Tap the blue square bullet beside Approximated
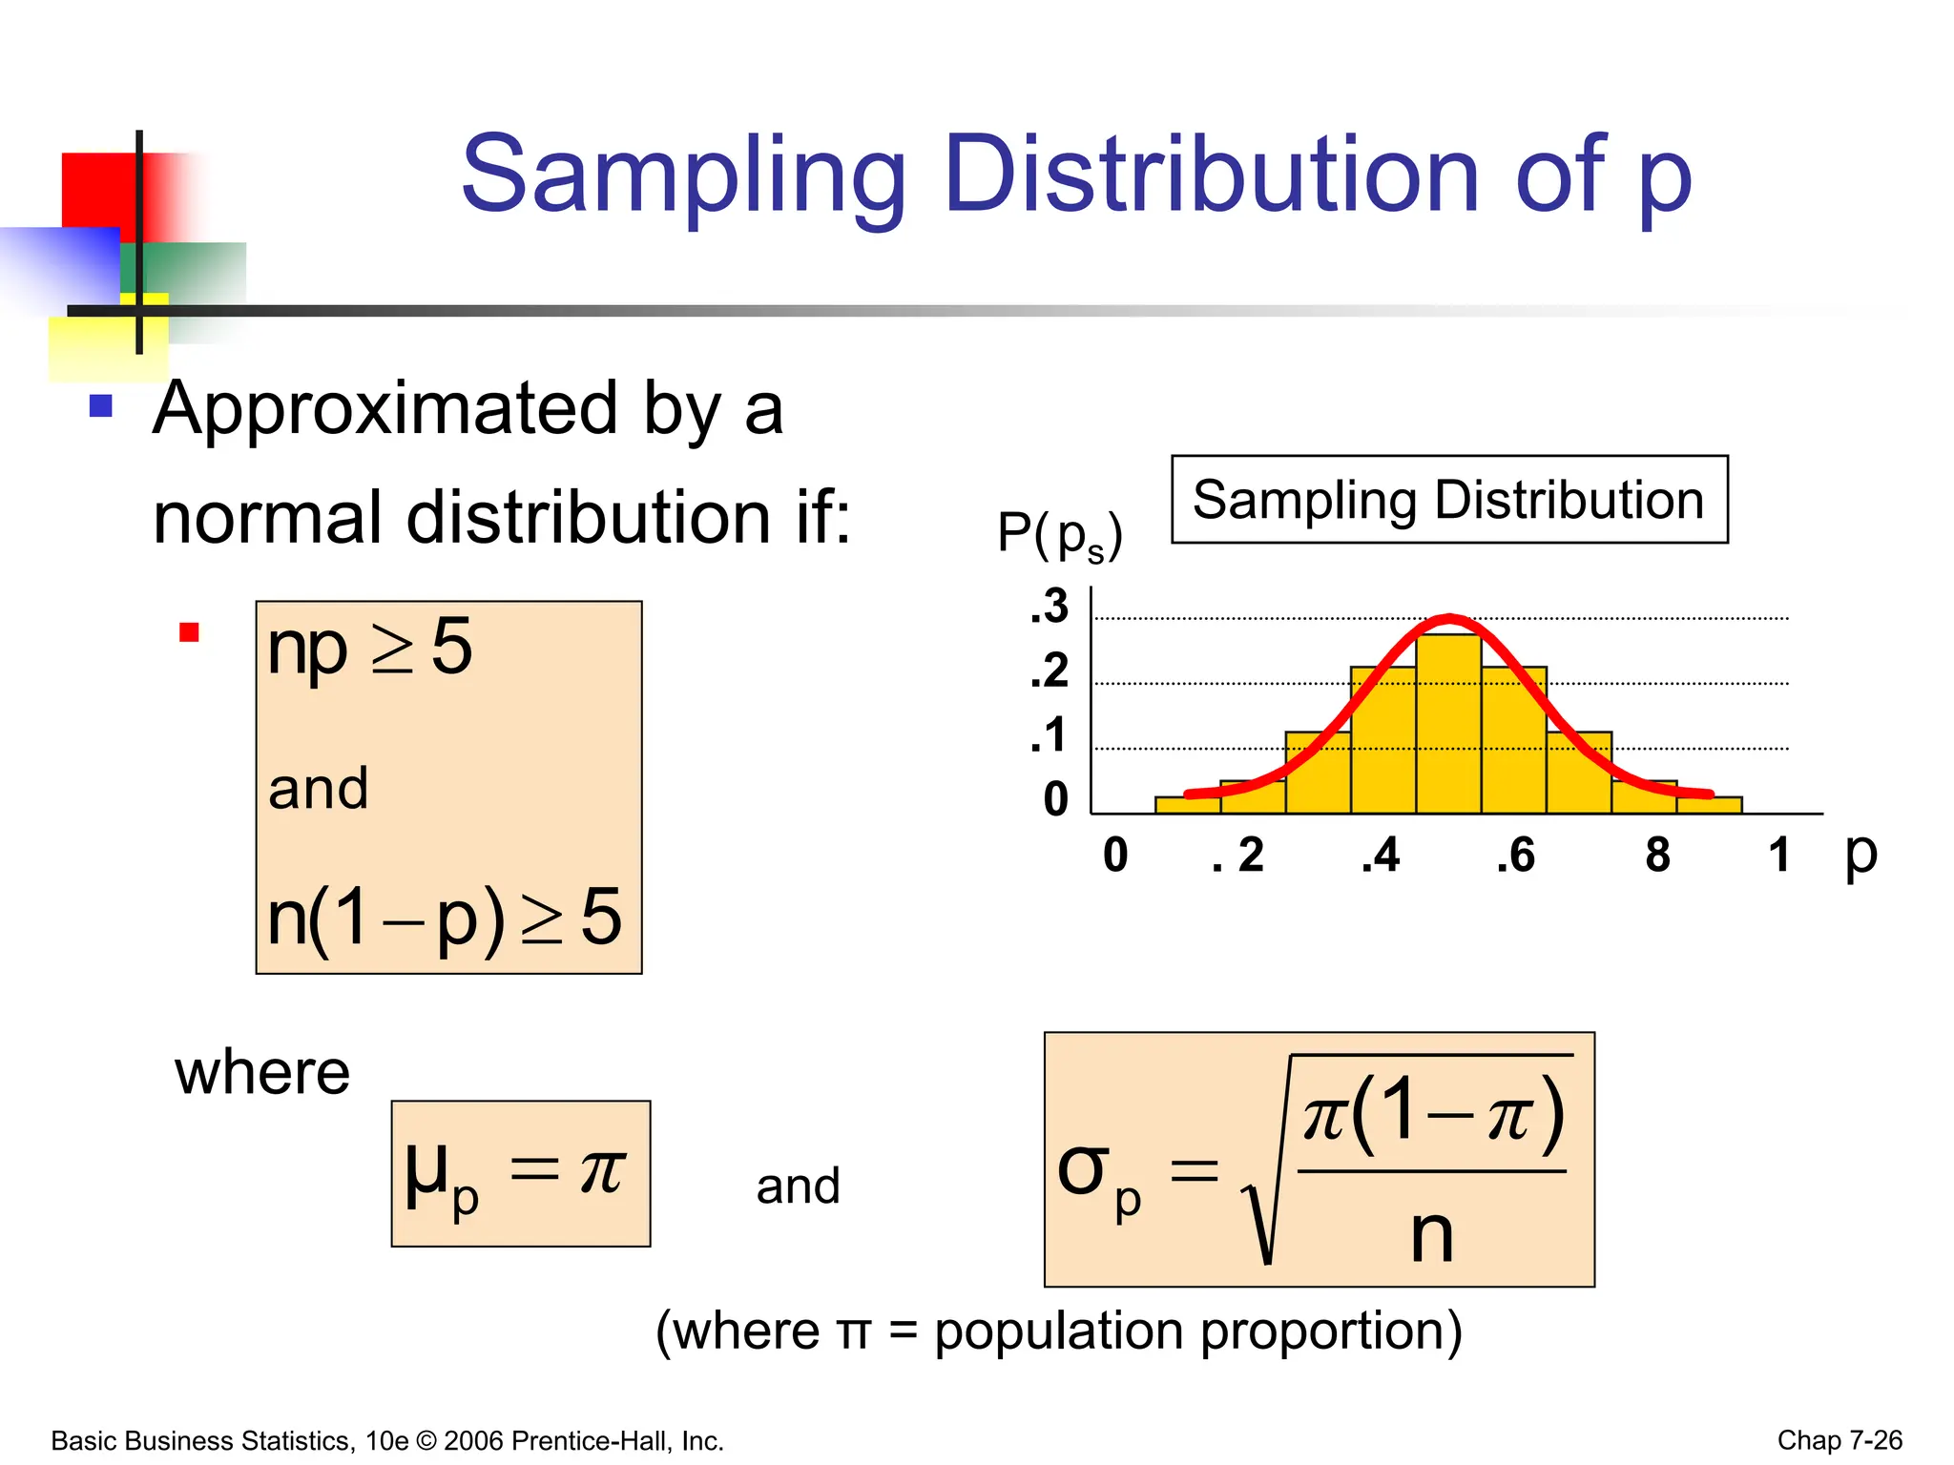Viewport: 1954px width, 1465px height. pos(101,406)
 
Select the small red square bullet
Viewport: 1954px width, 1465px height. pos(189,632)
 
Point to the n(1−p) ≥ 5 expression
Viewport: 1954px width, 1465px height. pos(445,918)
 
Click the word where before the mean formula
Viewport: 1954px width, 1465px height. pos(262,1073)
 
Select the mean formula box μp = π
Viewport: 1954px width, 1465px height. pos(521,1173)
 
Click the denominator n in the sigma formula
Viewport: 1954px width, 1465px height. pos(1432,1235)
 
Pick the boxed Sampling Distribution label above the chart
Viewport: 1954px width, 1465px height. pos(1449,500)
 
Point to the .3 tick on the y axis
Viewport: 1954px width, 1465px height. pos(1050,607)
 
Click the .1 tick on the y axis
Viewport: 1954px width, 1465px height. pos(1050,736)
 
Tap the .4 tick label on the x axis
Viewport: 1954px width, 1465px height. pos(1381,856)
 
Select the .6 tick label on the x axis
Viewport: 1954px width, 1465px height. pos(1515,856)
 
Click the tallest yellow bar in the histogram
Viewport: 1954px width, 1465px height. pos(1448,725)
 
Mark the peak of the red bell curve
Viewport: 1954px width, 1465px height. pos(1449,619)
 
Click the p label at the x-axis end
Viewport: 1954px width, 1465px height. pos(1860,852)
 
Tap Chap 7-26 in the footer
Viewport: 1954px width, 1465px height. pos(1840,1440)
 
